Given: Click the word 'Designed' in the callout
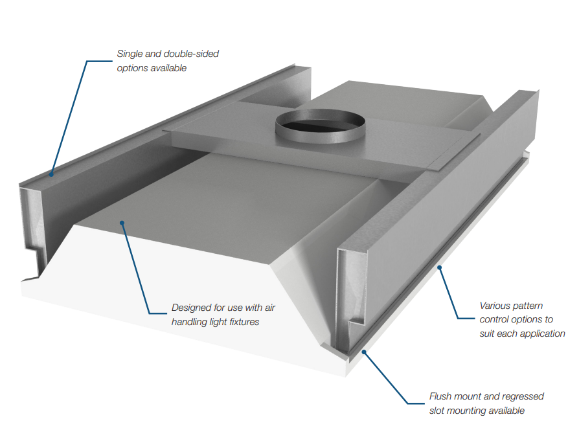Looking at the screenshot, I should point(192,308).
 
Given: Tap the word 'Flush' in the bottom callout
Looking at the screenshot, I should point(442,396).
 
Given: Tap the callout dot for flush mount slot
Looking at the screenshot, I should point(364,352).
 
